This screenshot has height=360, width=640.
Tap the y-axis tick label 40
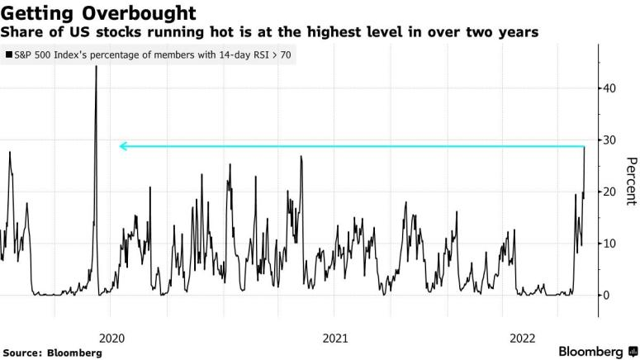[x=607, y=88]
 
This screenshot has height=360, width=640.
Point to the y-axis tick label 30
[x=607, y=140]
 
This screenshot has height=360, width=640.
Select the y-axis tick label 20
[x=607, y=192]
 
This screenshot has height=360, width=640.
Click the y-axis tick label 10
[x=607, y=244]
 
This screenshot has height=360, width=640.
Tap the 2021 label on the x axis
[x=334, y=338]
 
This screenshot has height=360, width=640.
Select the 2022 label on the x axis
[x=526, y=338]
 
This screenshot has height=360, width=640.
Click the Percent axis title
[x=630, y=181]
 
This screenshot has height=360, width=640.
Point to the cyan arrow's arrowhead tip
[x=120, y=146]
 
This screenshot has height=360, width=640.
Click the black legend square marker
[x=8, y=56]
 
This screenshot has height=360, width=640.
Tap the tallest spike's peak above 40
[x=96, y=67]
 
